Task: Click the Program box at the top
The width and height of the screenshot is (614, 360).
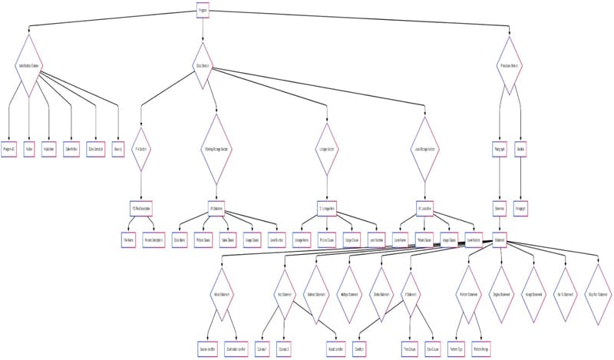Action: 202,11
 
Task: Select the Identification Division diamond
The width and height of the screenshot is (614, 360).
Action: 29,66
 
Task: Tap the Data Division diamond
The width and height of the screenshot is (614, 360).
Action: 203,66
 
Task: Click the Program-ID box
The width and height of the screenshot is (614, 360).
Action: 8,149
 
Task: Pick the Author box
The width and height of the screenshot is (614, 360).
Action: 29,149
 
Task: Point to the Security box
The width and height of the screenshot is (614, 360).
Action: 118,149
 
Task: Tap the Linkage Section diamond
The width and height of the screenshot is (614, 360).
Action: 328,149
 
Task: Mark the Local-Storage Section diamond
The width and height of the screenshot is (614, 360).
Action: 424,149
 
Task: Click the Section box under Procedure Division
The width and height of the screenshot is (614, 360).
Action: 520,149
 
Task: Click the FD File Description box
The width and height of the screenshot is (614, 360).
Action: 140,208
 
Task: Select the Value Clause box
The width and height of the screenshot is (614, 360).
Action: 227,239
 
